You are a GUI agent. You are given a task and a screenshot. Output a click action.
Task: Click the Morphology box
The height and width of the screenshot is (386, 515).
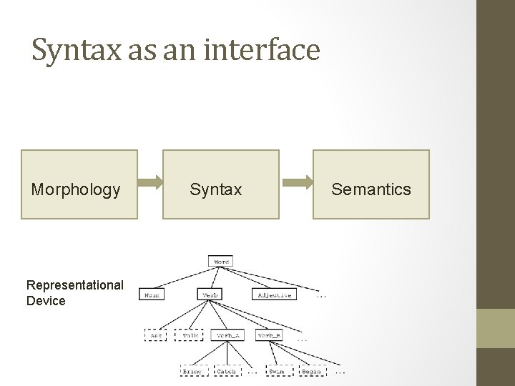(79, 184)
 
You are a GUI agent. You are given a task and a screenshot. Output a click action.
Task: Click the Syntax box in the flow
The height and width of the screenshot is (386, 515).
(221, 184)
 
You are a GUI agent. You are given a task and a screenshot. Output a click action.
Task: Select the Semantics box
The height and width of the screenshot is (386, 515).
(371, 184)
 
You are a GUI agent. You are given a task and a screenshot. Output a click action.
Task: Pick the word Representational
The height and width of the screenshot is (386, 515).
(75, 285)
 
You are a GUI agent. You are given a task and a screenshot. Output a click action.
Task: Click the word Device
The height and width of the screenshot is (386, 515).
(46, 301)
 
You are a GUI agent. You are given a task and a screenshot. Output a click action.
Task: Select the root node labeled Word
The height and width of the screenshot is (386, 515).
(222, 262)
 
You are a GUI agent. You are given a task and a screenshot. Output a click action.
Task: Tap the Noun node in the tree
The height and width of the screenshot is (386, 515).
(151, 295)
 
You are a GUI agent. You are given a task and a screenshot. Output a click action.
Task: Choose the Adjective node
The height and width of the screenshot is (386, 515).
(273, 295)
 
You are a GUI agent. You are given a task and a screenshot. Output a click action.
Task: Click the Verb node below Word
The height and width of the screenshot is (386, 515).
(210, 295)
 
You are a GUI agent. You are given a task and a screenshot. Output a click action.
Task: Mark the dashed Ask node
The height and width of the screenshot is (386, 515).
(155, 335)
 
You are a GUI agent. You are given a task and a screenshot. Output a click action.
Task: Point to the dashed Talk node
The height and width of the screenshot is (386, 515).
(190, 335)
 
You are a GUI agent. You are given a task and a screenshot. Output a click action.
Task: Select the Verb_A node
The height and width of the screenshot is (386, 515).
(227, 335)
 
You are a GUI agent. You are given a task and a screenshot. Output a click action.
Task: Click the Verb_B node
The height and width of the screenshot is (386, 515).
(269, 335)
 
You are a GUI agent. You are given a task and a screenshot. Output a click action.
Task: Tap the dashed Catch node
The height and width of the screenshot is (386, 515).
(226, 372)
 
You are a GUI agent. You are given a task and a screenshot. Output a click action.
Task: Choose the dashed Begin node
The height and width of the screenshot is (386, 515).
(312, 372)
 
